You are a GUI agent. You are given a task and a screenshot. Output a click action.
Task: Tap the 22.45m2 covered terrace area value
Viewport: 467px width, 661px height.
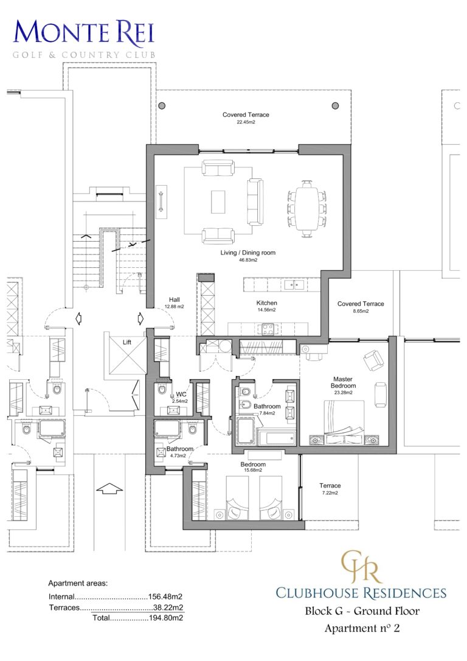tap(246, 122)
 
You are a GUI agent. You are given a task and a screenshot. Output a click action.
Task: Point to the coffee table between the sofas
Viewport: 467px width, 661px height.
tap(218, 201)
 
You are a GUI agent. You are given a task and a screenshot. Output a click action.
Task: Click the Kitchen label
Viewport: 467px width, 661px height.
tap(266, 303)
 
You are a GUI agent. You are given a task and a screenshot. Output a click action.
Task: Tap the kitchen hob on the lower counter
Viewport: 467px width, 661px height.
tap(267, 329)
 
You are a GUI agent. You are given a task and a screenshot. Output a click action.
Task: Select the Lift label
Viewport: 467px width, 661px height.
tap(127, 342)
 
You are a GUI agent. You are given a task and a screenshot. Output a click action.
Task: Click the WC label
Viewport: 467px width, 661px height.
tap(181, 394)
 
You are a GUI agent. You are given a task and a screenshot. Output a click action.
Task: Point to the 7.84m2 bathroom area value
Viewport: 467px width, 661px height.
tap(267, 413)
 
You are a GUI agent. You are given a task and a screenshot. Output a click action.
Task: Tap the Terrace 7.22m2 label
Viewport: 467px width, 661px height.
tap(330, 486)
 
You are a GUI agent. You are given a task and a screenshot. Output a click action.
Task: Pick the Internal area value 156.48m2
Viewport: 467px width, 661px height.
tap(167, 597)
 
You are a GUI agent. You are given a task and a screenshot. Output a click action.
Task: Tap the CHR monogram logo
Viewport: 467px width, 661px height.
tap(361, 566)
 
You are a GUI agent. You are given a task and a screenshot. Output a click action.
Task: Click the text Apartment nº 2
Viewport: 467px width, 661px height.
tap(362, 628)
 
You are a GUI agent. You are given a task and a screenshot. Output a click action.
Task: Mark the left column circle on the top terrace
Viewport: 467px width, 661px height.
tap(162, 106)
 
